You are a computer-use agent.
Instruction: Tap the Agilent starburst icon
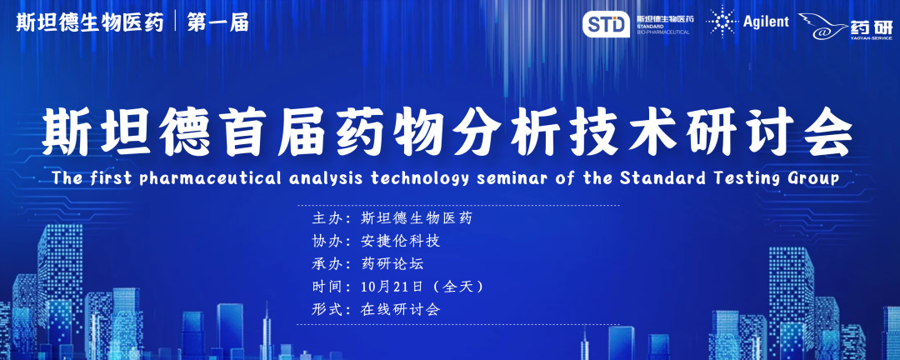722,22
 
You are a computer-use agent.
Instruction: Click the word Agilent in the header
767,22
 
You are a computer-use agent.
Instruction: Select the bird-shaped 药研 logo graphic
823,27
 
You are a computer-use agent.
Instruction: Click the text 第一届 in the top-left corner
218,23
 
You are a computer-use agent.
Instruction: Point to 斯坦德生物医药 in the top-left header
90,23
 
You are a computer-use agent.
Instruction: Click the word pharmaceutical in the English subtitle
209,178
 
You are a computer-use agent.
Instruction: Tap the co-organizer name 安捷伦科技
401,241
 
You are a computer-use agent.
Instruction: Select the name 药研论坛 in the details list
392,264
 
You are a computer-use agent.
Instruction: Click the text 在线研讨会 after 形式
401,309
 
